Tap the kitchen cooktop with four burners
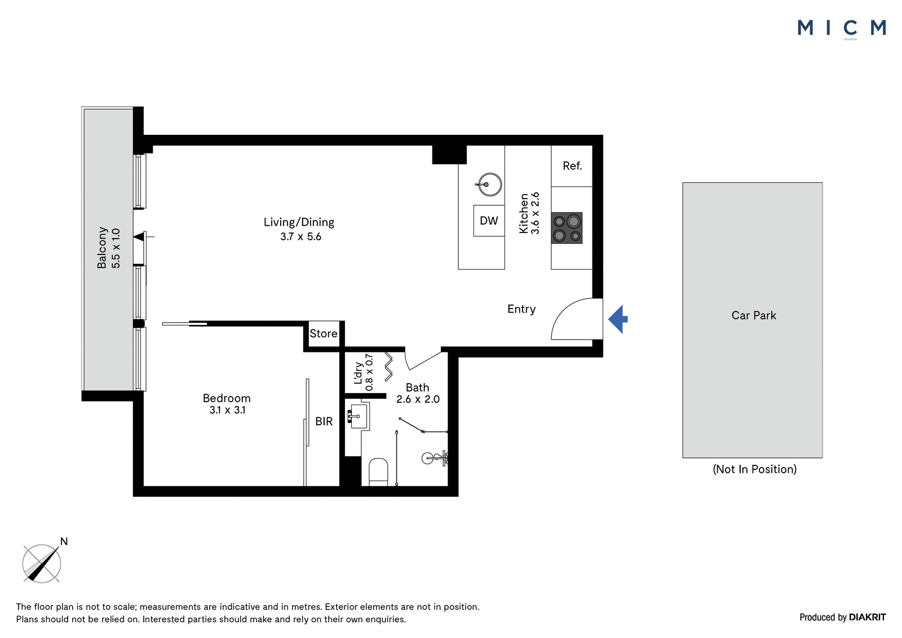(x=567, y=228)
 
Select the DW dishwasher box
(x=489, y=221)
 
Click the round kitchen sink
(x=489, y=184)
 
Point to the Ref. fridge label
(x=572, y=166)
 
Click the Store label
(x=324, y=334)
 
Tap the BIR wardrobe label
(x=324, y=421)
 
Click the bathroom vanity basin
(x=358, y=416)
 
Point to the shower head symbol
(x=435, y=458)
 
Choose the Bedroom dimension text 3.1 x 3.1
(x=227, y=410)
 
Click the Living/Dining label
(x=299, y=222)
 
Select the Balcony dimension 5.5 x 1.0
(x=116, y=248)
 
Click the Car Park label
(x=753, y=315)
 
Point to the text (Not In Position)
(x=755, y=469)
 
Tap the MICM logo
(x=842, y=28)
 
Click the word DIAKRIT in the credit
(x=868, y=617)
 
